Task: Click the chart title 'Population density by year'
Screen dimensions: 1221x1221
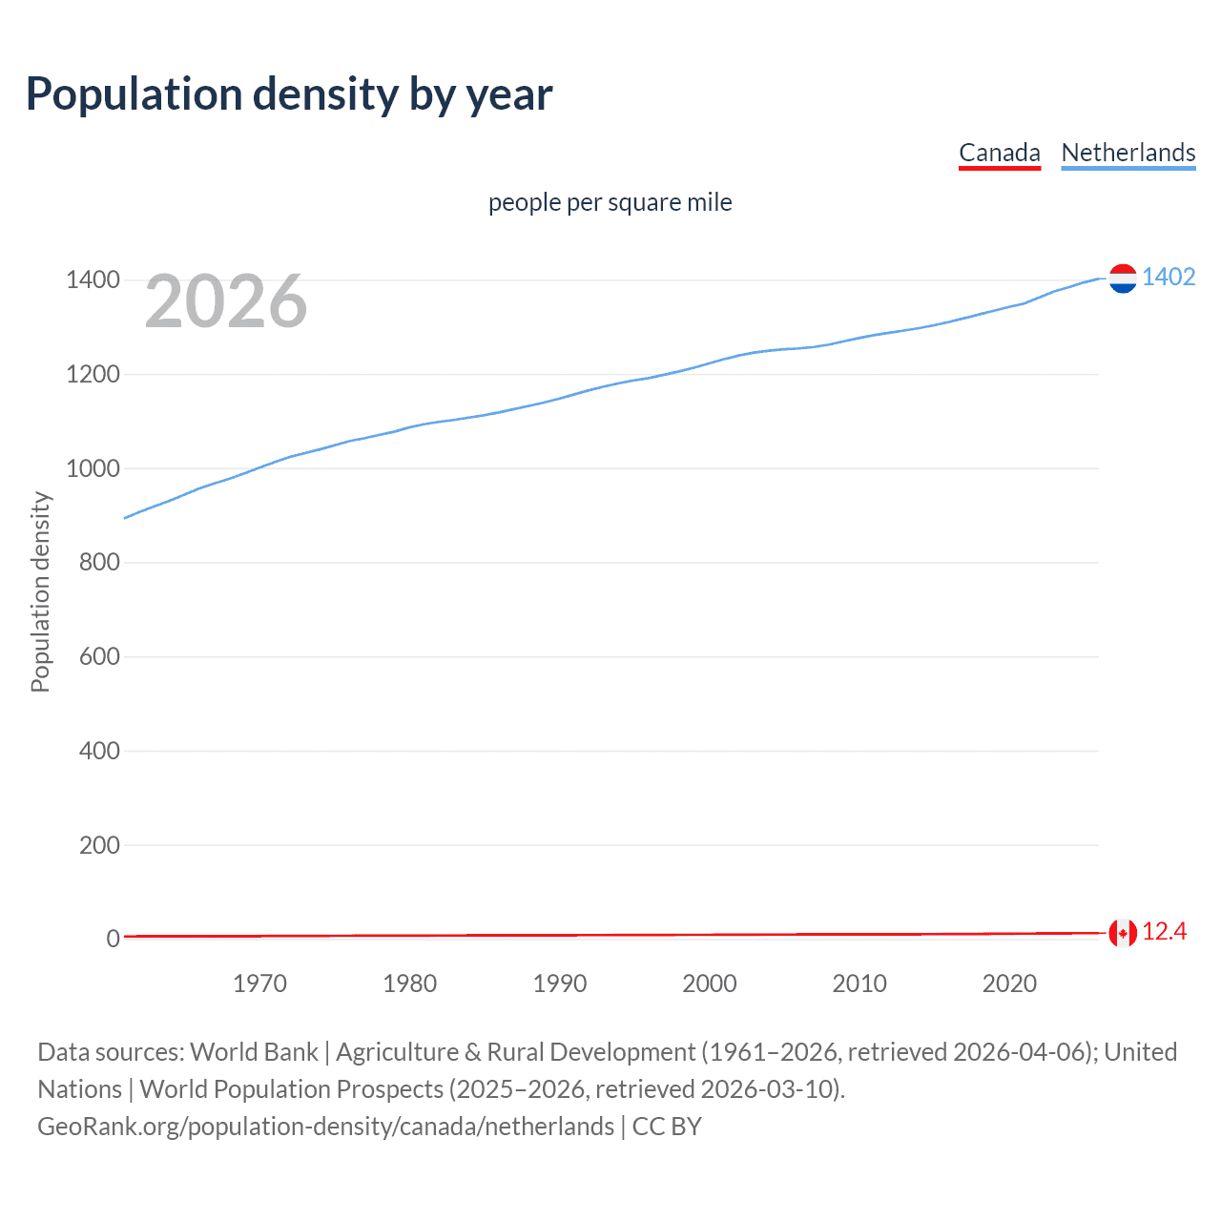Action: [x=289, y=94]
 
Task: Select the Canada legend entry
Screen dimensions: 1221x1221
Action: [x=999, y=153]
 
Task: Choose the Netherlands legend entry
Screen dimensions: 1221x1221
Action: [x=1128, y=153]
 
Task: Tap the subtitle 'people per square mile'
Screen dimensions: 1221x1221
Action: [x=610, y=203]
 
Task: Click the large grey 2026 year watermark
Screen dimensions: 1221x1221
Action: [x=226, y=301]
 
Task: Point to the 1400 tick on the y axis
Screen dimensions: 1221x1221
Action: [x=93, y=280]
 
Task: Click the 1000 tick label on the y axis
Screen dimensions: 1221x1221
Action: [x=93, y=468]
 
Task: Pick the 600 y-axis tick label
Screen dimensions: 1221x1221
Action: [x=99, y=656]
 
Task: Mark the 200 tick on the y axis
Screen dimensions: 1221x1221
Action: [x=99, y=845]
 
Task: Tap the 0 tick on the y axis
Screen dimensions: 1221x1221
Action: [x=113, y=939]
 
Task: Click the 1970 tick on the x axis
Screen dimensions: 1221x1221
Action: [x=259, y=983]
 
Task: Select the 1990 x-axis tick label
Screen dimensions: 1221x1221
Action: [x=559, y=983]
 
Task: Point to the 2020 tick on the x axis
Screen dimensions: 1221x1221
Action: [x=1009, y=983]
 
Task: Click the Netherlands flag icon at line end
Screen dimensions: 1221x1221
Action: [x=1123, y=279]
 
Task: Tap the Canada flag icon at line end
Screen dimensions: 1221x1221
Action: [x=1123, y=933]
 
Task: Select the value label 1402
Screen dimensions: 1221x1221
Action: [x=1169, y=278]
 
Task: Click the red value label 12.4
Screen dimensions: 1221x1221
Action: [x=1164, y=932]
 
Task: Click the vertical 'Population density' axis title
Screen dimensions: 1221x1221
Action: [x=40, y=591]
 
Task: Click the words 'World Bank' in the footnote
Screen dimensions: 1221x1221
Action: [x=254, y=1052]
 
